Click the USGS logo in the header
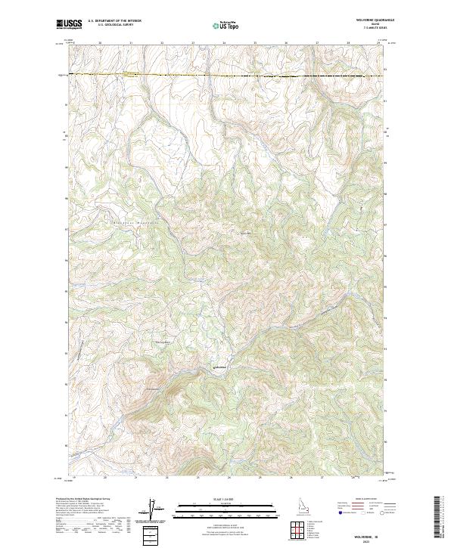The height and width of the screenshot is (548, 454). (69, 24)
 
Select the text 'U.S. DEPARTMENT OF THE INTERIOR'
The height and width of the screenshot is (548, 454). (114, 21)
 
